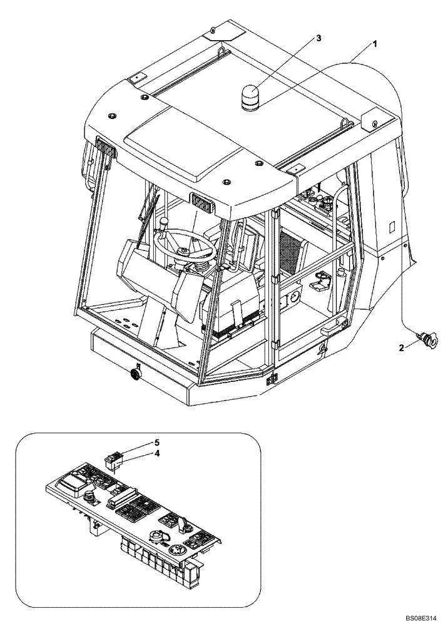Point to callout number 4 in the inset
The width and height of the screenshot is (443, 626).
pos(157,455)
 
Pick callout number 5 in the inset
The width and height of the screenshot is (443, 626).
pos(157,443)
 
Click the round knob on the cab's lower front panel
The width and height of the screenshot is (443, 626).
pos(134,374)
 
